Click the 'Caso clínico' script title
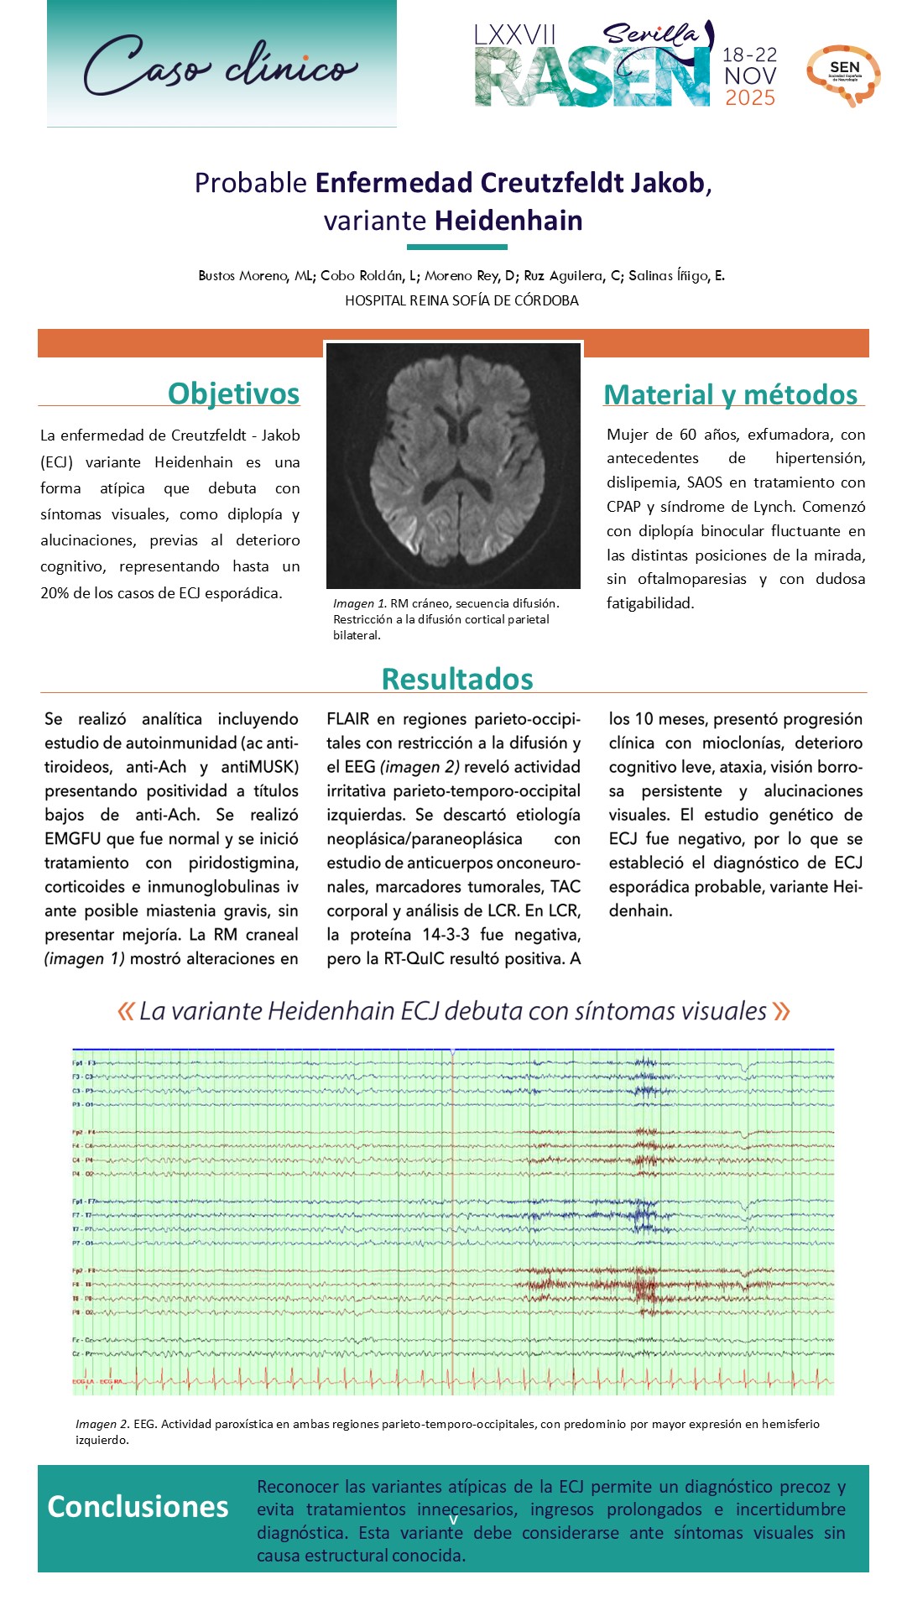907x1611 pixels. click(221, 65)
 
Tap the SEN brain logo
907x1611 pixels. click(843, 75)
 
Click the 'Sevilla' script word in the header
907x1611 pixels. click(652, 34)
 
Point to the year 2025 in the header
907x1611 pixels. click(750, 98)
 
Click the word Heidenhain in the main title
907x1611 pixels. click(508, 221)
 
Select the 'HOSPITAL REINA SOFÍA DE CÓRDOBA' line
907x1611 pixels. click(461, 300)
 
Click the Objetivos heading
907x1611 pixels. click(233, 393)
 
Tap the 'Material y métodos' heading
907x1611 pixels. click(730, 394)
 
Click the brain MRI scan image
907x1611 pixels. click(453, 466)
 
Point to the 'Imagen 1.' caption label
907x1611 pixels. click(359, 603)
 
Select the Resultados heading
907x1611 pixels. click(457, 679)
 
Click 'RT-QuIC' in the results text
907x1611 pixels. click(418, 958)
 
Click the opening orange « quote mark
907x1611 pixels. click(126, 1011)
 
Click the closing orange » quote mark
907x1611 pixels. click(781, 1011)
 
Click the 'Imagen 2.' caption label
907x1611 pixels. click(102, 1424)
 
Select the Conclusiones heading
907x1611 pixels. click(138, 1507)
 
